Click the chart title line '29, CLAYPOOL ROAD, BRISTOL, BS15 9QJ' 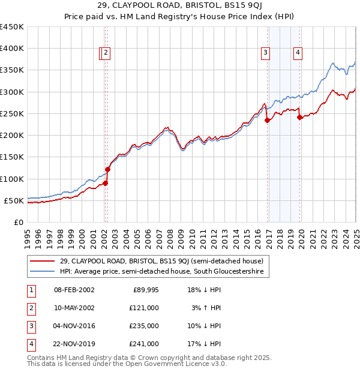coord(180,7)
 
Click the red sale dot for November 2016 coord(267,120)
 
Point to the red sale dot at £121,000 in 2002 coord(108,170)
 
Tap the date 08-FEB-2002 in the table coord(74,290)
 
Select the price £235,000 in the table coord(145,326)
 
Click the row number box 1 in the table coord(29,290)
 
